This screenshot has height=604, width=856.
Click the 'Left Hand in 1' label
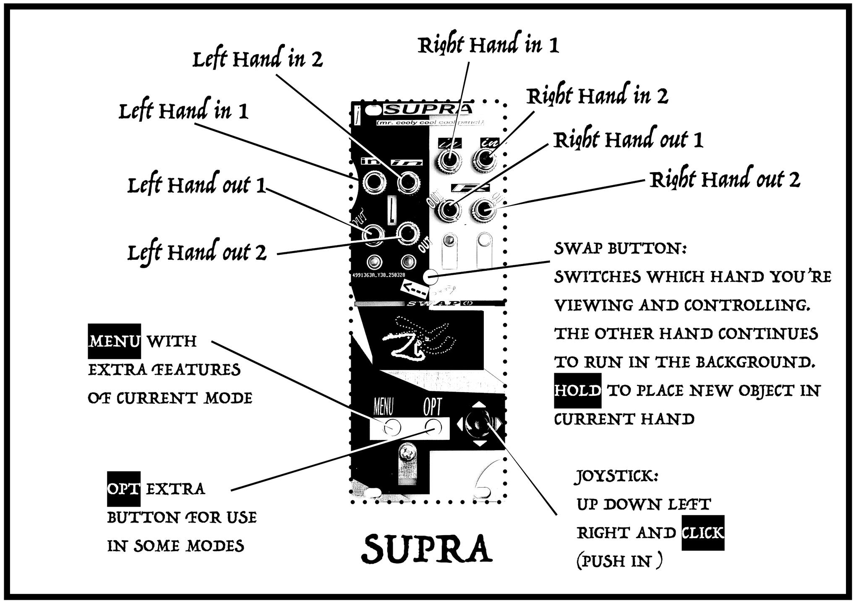(x=183, y=111)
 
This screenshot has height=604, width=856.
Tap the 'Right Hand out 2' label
(x=725, y=180)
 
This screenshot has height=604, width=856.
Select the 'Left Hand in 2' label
(x=258, y=59)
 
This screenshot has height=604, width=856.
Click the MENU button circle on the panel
(x=392, y=427)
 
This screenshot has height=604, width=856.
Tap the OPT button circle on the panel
(x=433, y=427)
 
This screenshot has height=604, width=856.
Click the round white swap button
(x=431, y=277)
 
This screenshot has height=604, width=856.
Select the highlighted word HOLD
(x=577, y=391)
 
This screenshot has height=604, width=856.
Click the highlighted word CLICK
(x=703, y=533)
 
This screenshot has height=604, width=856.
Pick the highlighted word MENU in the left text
(x=114, y=341)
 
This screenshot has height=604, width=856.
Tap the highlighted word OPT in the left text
(x=124, y=489)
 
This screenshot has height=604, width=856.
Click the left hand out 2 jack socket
(x=407, y=233)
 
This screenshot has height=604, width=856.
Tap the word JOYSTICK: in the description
(x=616, y=476)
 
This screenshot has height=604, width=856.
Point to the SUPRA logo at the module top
(x=428, y=110)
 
